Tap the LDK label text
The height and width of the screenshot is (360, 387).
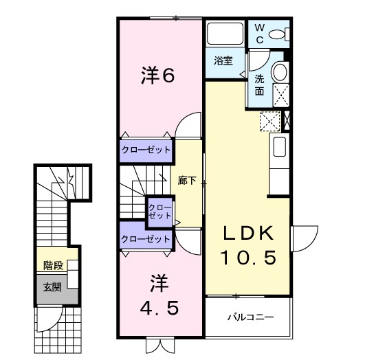click(247, 233)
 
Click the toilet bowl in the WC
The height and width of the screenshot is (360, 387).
click(278, 34)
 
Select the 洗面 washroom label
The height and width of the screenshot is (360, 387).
click(260, 85)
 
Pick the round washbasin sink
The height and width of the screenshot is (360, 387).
click(280, 72)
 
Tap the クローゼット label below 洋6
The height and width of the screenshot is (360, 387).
click(146, 149)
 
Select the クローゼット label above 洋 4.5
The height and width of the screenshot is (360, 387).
click(146, 239)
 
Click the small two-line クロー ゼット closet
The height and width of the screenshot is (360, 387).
click(160, 211)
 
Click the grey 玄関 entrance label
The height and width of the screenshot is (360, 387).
click(52, 286)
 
